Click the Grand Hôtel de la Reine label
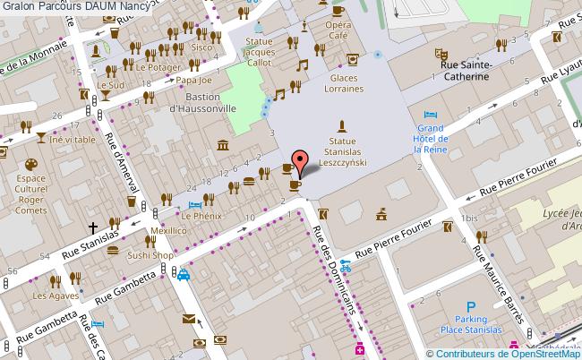click(x=431, y=140)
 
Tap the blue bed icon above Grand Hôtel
click(x=431, y=116)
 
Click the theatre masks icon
click(x=441, y=54)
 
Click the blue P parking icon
click(x=470, y=306)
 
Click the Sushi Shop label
click(x=150, y=254)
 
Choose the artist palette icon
click(x=30, y=165)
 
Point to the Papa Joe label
click(x=193, y=80)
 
